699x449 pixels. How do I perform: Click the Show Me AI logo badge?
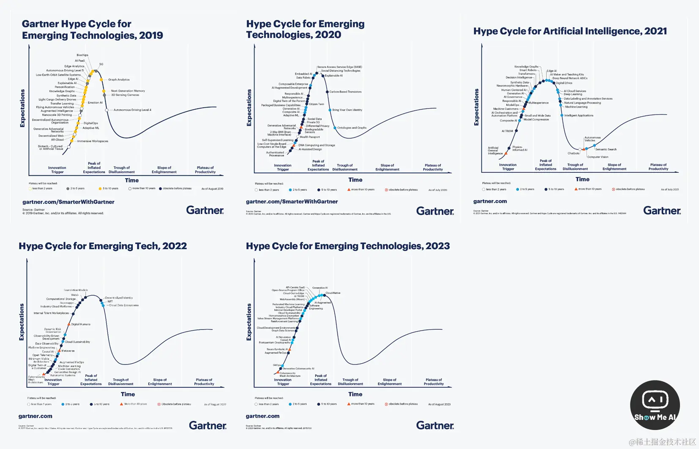655,405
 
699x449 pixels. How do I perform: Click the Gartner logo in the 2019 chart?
205,210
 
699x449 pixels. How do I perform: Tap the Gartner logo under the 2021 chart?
662,210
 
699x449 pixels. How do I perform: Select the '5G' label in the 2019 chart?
101,64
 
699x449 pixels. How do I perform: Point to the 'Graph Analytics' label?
119,79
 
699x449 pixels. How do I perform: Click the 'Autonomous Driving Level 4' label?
131,110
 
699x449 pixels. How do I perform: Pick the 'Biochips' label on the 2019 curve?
82,55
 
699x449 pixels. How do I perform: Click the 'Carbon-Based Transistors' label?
345,92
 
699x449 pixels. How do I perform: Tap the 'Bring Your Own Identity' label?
347,110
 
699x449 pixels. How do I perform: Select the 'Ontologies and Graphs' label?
352,128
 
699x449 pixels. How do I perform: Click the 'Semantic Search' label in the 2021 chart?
606,149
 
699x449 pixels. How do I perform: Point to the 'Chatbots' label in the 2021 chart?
573,153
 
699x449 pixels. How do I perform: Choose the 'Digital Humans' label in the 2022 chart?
81,324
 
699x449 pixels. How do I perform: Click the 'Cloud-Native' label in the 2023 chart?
333,293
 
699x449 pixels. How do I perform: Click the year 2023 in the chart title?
437,246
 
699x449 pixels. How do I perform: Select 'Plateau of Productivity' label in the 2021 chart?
658,167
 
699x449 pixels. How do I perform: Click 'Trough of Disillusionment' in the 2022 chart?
121,382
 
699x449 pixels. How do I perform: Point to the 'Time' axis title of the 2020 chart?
355,180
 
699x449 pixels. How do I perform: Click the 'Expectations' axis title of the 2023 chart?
249,322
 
